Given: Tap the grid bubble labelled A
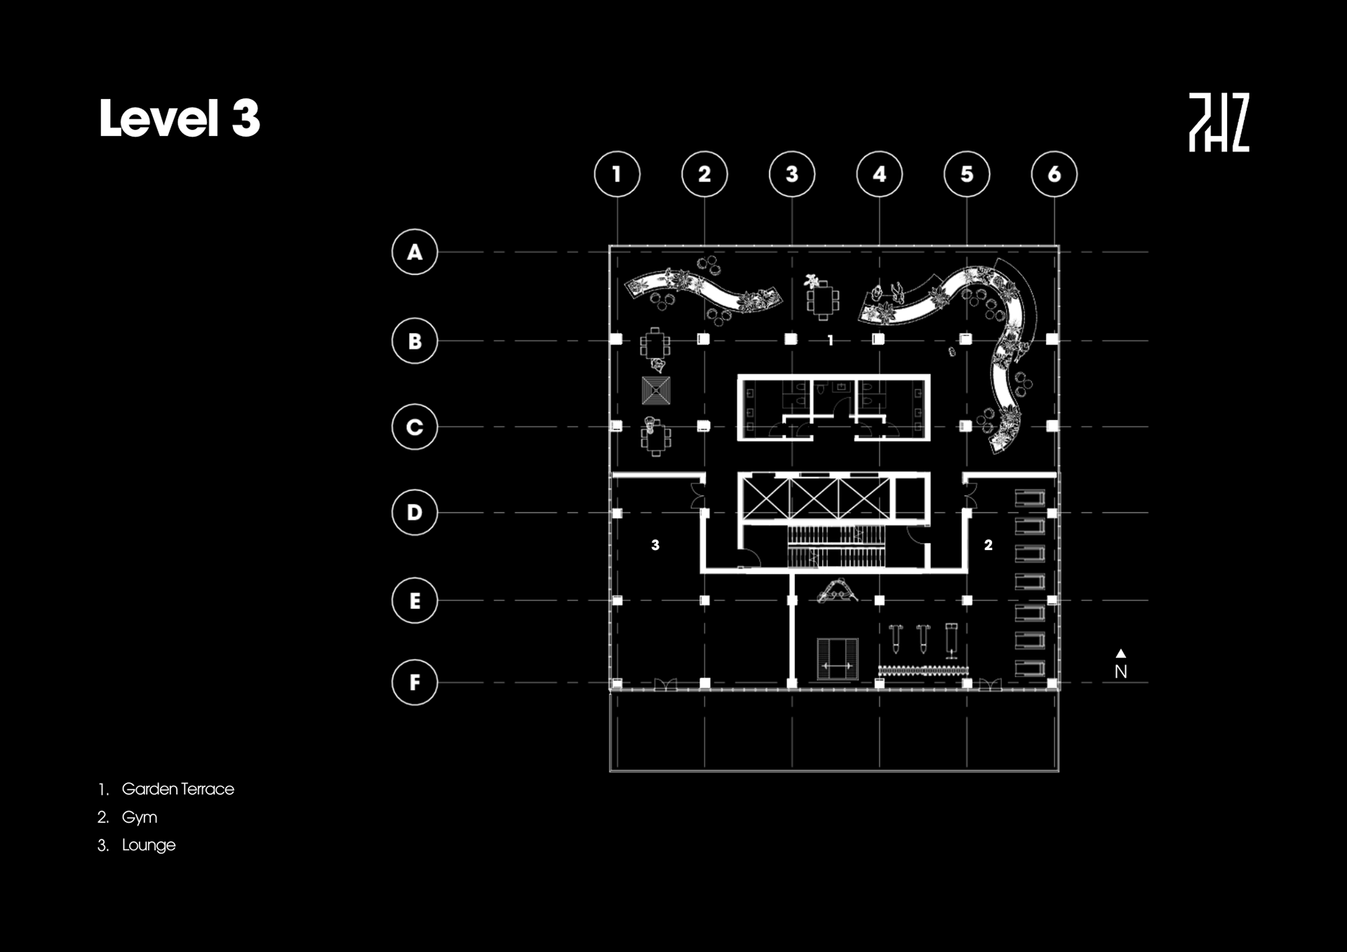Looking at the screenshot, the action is pos(415,252).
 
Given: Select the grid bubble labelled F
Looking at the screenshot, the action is pos(415,682).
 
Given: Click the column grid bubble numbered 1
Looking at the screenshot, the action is pos(617,174).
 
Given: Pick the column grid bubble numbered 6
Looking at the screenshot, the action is pos(1054,174).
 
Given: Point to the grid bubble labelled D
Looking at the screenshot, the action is pos(415,512).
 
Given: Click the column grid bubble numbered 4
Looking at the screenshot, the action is pos(879,174).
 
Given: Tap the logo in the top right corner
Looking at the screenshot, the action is pos(1219,122).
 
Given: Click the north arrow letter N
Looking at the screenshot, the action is pos(1120,671).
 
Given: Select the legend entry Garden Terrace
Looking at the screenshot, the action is pos(177,789).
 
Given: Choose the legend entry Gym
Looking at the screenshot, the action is pos(139,817).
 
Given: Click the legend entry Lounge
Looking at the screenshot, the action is pos(148,845).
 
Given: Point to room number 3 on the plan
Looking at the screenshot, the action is pos(655,545).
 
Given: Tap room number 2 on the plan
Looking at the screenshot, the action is pos(988,545).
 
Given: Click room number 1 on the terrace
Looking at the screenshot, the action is pos(831,341).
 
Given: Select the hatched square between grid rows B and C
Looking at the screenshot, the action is pos(656,391).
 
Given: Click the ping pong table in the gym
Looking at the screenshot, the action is pos(838,659).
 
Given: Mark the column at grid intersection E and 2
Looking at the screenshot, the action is pos(704,601).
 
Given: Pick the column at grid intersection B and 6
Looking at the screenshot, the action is pos(1052,340).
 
